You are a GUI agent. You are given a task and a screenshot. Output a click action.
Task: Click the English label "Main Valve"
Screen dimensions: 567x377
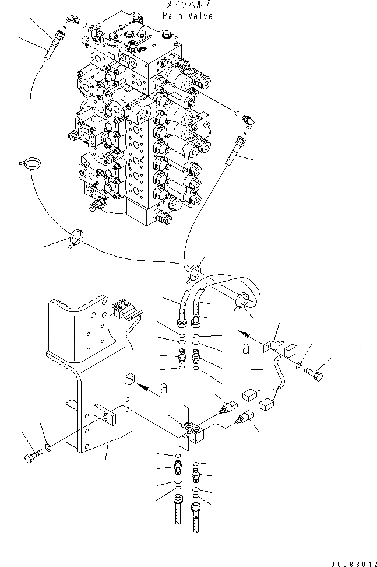[x=188, y=16]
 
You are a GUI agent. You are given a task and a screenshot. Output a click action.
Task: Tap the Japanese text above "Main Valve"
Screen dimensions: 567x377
[x=188, y=5]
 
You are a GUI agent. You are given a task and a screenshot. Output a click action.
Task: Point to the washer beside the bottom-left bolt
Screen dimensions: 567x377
[x=48, y=448]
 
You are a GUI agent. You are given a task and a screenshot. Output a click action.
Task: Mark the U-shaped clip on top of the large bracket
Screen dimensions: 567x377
[x=122, y=309]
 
